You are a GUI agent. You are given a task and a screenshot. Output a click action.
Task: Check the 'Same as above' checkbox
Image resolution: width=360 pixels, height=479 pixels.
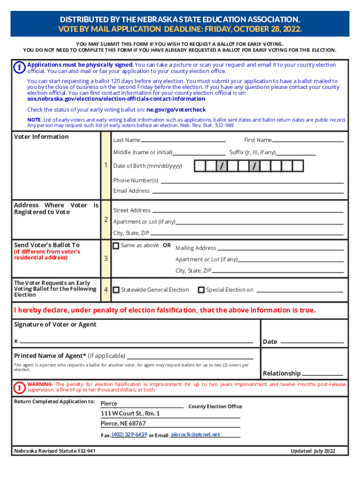116,246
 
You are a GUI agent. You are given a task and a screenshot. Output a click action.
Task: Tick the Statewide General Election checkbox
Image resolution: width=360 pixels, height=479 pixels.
116,290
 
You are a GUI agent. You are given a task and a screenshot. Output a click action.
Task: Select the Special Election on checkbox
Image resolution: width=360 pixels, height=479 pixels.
201,290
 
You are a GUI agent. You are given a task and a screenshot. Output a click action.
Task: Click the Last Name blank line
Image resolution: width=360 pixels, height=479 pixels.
183,140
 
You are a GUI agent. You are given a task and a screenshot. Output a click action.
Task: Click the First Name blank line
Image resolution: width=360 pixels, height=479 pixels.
308,140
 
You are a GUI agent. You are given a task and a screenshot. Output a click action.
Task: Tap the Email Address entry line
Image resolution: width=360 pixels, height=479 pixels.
248,192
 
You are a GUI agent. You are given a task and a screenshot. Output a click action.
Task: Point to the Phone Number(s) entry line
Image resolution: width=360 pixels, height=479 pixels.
252,181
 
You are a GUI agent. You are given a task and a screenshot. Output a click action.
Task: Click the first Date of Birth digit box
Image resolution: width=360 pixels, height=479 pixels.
200,166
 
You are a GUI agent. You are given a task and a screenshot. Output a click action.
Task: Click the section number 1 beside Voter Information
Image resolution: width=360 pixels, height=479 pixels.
107,165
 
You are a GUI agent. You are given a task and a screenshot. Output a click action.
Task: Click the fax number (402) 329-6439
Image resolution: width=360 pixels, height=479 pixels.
130,435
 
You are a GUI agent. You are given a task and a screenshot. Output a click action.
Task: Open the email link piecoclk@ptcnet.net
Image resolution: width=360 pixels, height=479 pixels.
195,435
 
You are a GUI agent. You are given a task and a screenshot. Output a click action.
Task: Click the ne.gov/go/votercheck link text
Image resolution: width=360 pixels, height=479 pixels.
176,110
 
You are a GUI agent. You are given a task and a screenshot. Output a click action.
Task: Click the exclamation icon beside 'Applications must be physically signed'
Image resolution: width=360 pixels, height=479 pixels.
20,68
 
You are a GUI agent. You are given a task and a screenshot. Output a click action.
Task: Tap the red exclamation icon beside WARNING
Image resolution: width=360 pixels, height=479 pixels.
20,387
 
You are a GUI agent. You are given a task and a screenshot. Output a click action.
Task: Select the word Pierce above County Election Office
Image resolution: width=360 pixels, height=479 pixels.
109,404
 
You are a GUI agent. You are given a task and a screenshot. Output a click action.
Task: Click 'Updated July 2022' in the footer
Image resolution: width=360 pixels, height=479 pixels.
313,451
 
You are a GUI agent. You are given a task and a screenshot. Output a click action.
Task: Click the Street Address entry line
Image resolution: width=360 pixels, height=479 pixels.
248,211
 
